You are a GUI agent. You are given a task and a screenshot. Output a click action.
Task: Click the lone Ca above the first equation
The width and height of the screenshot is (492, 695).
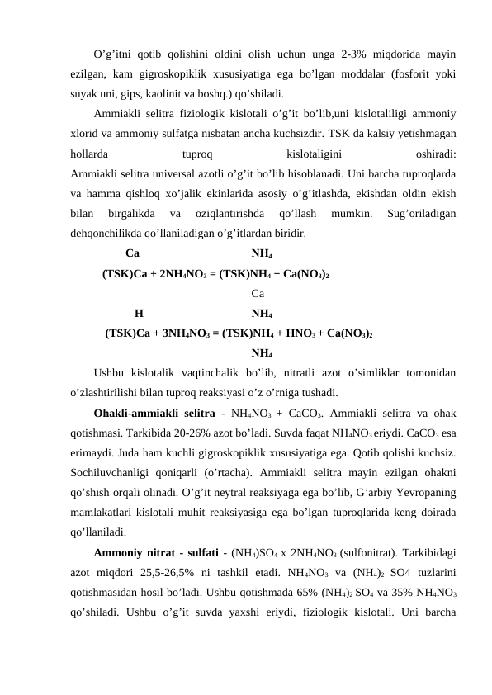pos(132,253)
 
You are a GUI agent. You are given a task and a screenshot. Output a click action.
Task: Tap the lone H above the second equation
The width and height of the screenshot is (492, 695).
pos(139,314)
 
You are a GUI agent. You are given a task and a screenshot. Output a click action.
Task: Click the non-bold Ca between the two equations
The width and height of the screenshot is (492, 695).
pos(257,293)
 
